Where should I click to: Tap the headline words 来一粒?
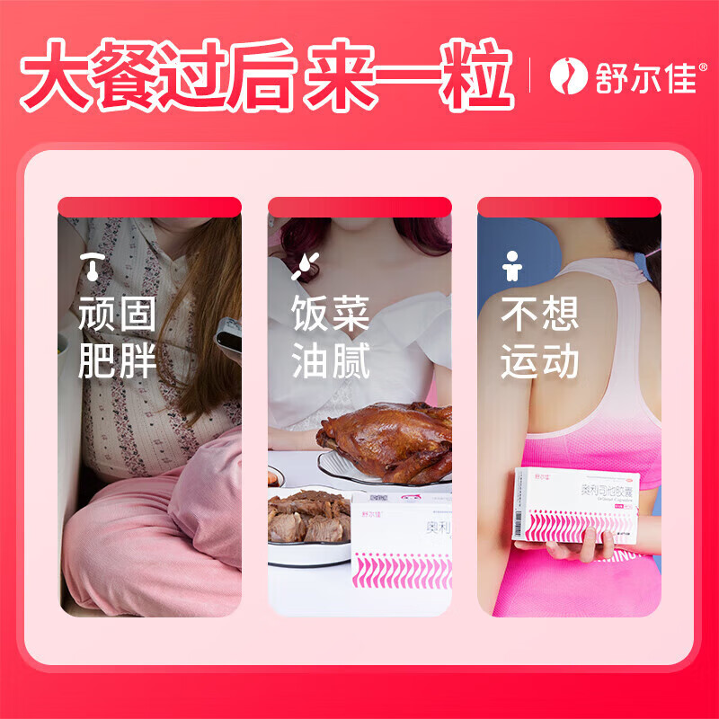coord(408,75)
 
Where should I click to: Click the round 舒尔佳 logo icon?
coord(567,75)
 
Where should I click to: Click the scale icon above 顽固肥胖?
coord(91,264)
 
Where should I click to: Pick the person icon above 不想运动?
coord(512,264)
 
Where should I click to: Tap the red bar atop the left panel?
coord(150,208)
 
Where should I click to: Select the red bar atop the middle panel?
coord(359,208)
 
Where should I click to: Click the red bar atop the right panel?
coord(569,208)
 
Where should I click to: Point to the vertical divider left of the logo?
coord(530,75)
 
